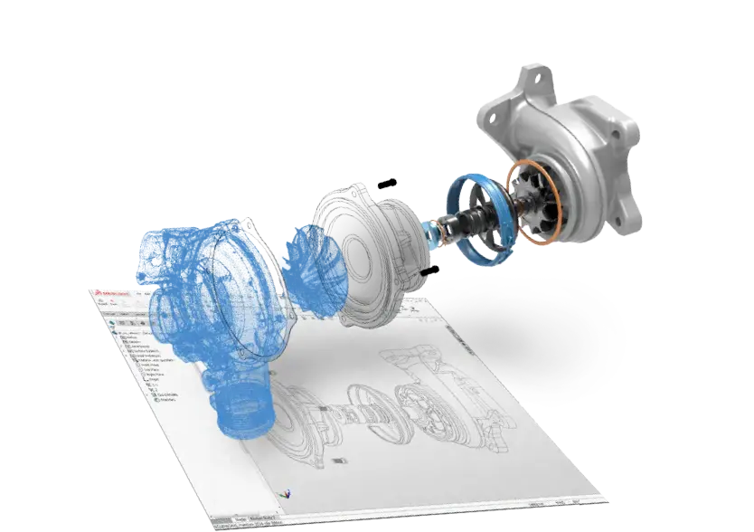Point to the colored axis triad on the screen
(x=287, y=494)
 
